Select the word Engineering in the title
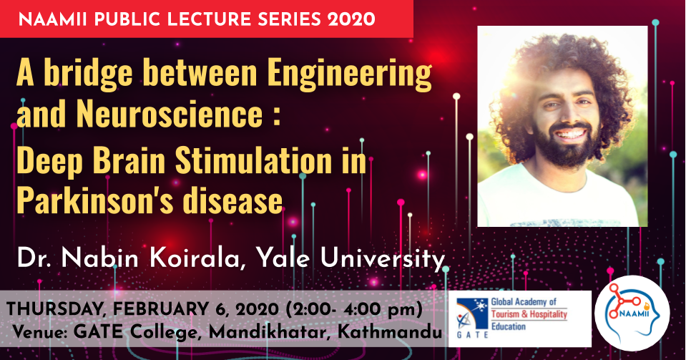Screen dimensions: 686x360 point(350,74)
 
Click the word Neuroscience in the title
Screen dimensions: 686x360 point(170,114)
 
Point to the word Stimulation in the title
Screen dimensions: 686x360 point(254,160)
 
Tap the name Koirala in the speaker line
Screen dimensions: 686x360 point(195,258)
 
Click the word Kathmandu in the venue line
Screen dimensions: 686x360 point(390,332)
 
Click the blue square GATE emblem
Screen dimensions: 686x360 point(472,313)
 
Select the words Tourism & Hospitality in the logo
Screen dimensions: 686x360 point(529,314)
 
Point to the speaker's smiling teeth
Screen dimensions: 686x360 point(570,133)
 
